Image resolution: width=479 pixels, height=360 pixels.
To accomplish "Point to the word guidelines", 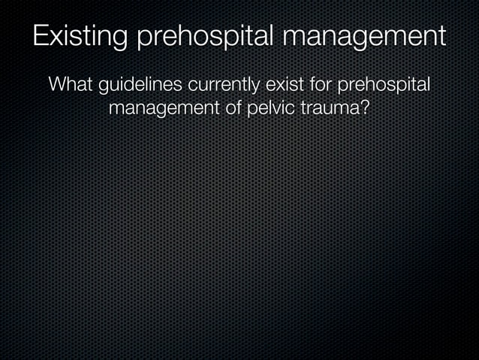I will (138, 84).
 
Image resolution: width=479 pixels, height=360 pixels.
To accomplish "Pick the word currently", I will (221, 84).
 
